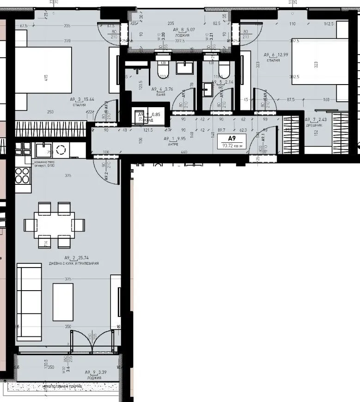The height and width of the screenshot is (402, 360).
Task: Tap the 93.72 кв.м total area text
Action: pos(232,146)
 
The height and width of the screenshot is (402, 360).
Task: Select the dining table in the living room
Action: pos(54,225)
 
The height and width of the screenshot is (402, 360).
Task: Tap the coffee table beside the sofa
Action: pos(63,302)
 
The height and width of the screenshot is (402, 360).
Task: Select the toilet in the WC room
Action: pos(224,70)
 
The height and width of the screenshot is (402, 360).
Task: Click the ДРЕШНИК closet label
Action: pos(313,125)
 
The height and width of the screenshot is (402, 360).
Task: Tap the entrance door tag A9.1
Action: pos(262,137)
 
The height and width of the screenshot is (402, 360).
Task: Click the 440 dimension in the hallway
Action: pos(184,152)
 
